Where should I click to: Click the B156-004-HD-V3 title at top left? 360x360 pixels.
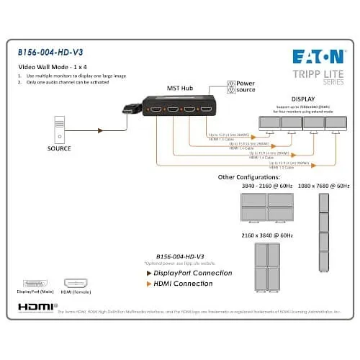[48, 53]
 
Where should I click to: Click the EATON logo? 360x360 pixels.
[317, 56]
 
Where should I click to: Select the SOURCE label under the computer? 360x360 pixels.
[60, 149]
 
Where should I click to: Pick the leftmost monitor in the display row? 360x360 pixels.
[270, 123]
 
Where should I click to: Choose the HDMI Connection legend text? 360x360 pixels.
[183, 284]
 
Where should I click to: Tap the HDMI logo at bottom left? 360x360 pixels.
[32, 306]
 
